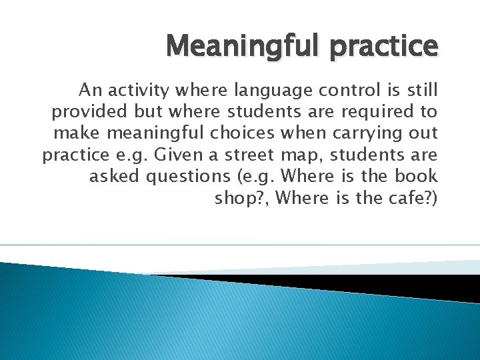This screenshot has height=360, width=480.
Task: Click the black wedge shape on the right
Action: pos(400,283)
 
